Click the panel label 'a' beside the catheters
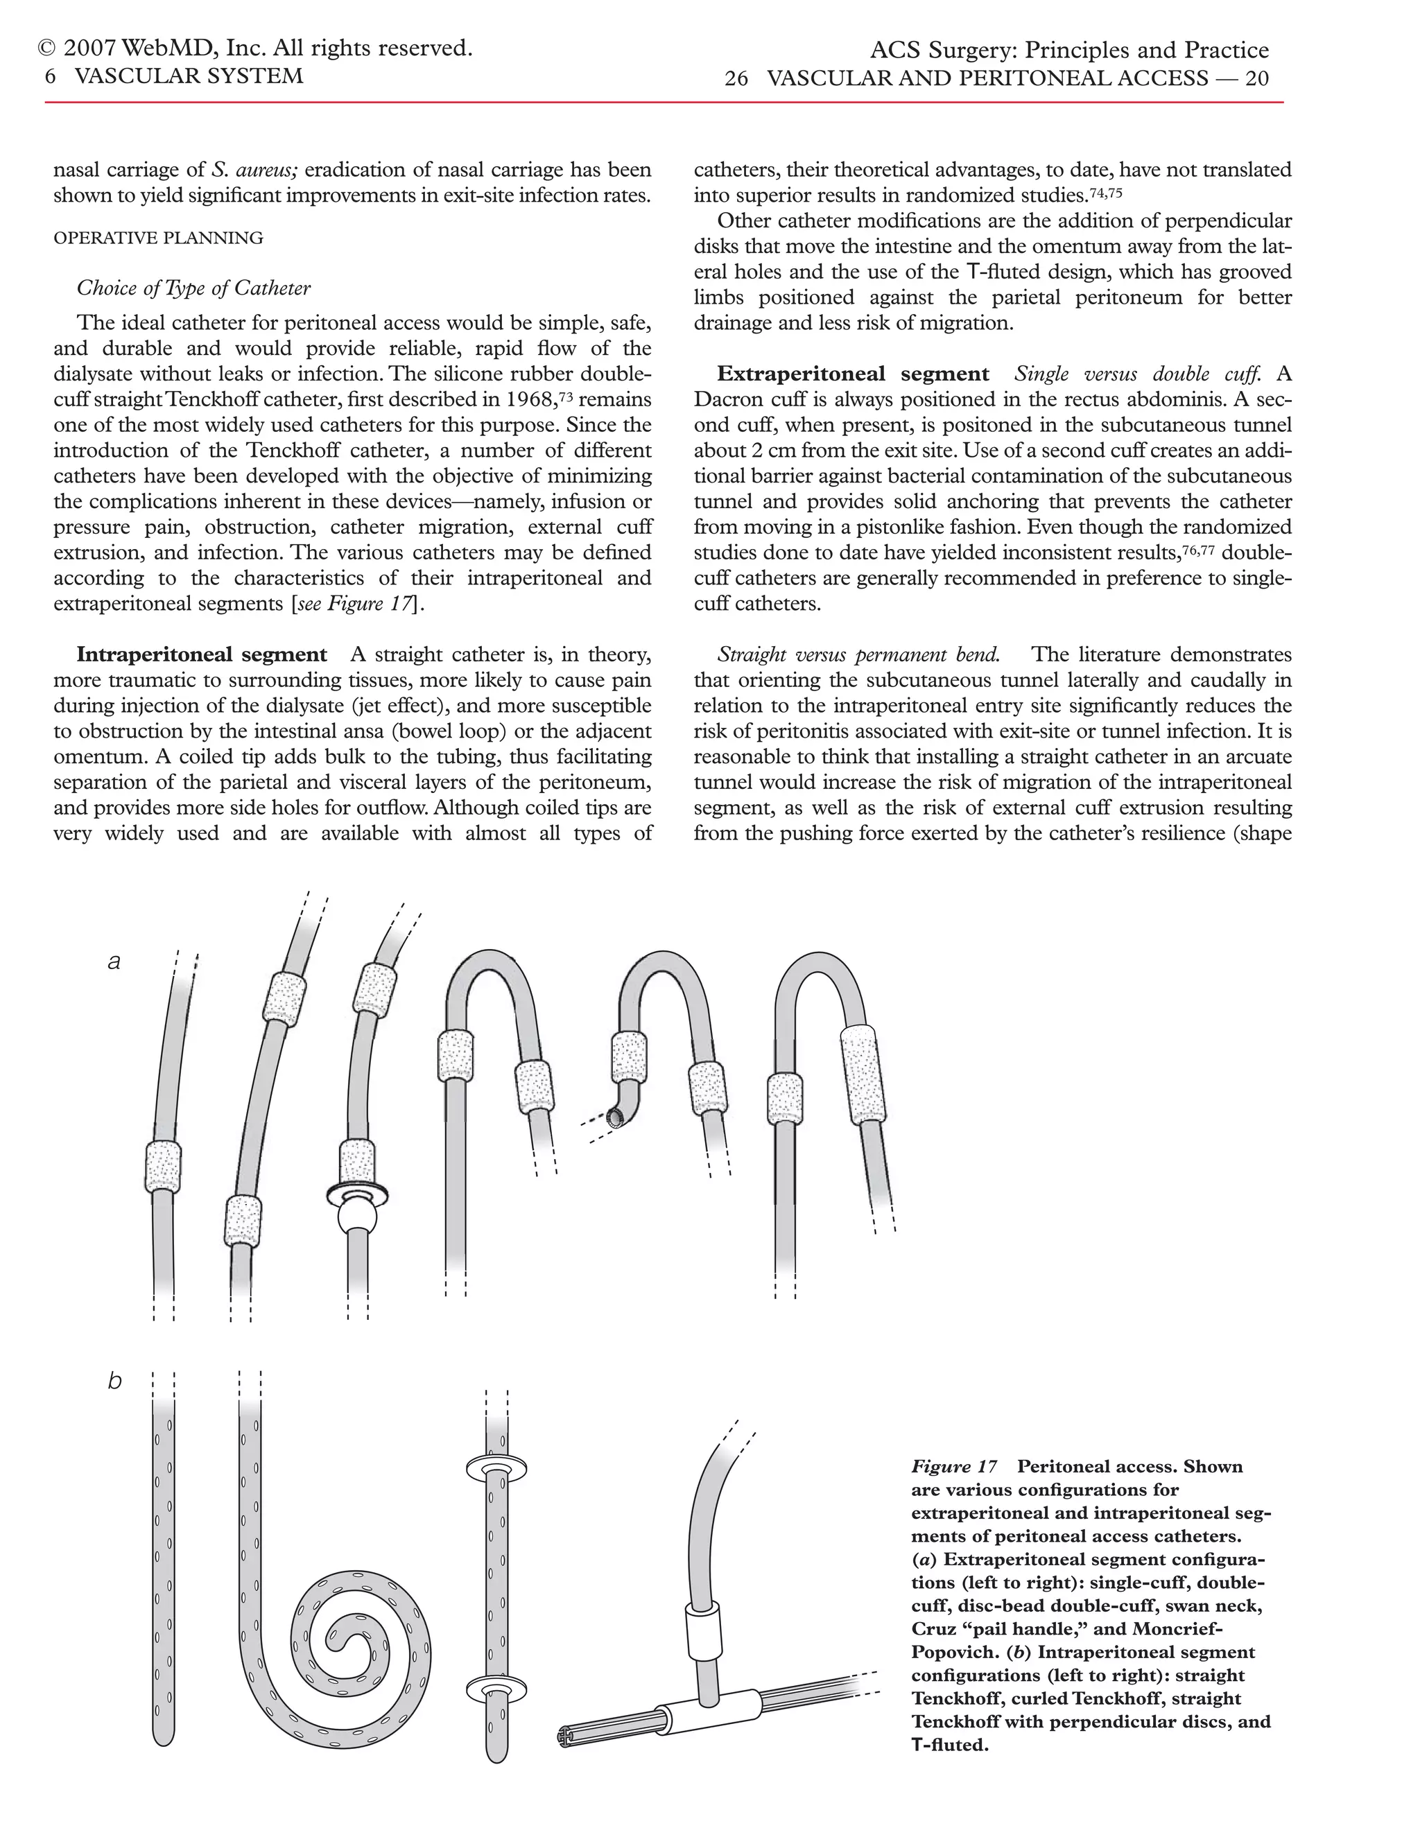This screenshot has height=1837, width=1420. click(114, 961)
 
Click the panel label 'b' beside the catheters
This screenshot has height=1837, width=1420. click(114, 1381)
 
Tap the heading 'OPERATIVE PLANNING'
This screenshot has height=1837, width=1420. click(158, 238)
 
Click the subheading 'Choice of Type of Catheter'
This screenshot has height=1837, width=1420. click(193, 288)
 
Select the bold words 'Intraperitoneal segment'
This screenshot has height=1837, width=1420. click(202, 654)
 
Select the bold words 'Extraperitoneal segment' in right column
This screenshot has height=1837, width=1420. click(853, 374)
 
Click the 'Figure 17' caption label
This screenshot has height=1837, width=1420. click(954, 1466)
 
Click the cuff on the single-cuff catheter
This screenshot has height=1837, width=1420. click(163, 1166)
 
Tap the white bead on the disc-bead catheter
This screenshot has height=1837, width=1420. click(358, 1219)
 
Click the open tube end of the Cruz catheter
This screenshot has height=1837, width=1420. click(618, 1116)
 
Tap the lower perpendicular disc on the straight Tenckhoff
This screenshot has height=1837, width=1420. click(496, 1687)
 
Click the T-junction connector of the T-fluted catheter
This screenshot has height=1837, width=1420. click(702, 1711)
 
